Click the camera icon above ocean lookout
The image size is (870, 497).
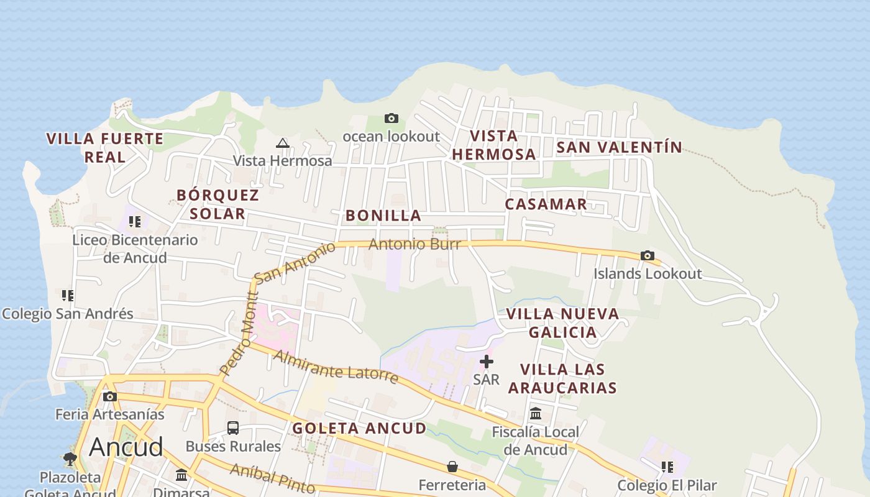pyautogui.click(x=391, y=118)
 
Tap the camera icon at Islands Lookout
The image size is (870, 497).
pyautogui.click(x=647, y=255)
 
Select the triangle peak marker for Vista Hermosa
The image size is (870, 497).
pyautogui.click(x=283, y=144)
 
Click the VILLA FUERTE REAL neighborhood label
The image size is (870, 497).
pyautogui.click(x=105, y=147)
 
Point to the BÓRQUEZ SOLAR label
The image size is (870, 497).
pyautogui.click(x=217, y=204)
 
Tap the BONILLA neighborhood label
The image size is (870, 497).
pyautogui.click(x=383, y=216)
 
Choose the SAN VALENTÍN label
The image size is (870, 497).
pyautogui.click(x=619, y=147)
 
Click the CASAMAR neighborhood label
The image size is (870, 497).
pyautogui.click(x=546, y=204)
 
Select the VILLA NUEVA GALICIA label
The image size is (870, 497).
pyautogui.click(x=562, y=322)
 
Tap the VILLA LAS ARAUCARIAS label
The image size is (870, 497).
pyautogui.click(x=562, y=378)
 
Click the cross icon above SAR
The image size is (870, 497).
pyautogui.click(x=486, y=361)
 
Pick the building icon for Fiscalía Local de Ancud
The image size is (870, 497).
pyautogui.click(x=536, y=414)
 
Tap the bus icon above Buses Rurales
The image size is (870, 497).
pyautogui.click(x=233, y=428)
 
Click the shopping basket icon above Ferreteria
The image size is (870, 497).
pyautogui.click(x=452, y=467)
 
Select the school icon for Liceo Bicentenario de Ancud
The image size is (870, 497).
pyautogui.click(x=135, y=222)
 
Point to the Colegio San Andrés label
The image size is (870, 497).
pyautogui.click(x=68, y=314)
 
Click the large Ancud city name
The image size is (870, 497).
pyautogui.click(x=126, y=447)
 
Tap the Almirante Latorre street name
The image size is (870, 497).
pyautogui.click(x=336, y=367)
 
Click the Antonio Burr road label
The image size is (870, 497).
pyautogui.click(x=414, y=244)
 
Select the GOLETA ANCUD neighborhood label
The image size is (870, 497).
pyautogui.click(x=359, y=428)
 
